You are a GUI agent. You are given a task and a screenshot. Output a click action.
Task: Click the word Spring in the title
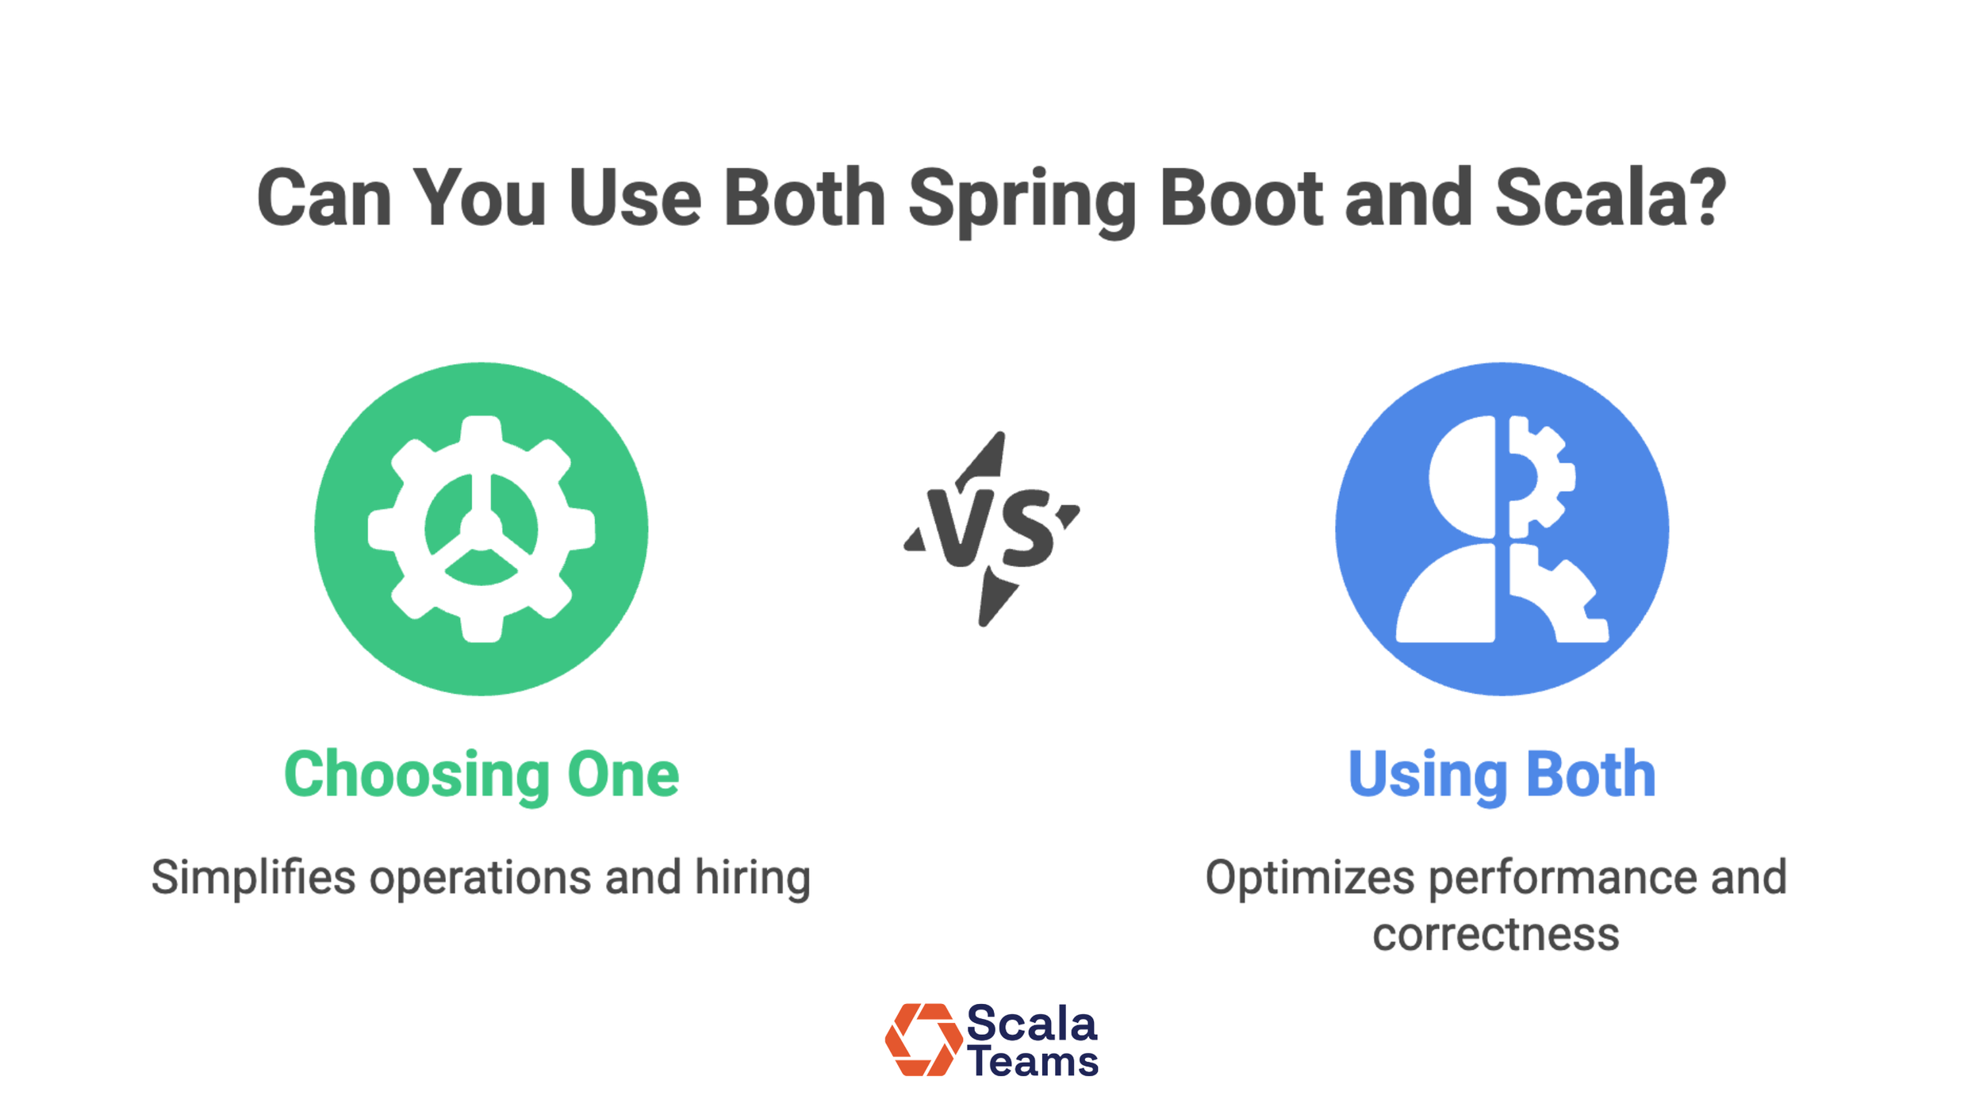click(x=1022, y=200)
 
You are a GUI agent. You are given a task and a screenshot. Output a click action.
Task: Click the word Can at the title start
click(x=324, y=200)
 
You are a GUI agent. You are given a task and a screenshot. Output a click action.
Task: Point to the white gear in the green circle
click(x=481, y=529)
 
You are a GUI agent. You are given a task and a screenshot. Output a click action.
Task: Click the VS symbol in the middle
click(x=991, y=529)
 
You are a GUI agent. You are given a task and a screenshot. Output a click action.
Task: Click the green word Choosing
click(x=416, y=776)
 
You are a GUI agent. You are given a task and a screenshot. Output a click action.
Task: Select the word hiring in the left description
click(x=752, y=879)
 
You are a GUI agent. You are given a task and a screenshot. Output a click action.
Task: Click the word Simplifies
click(x=253, y=879)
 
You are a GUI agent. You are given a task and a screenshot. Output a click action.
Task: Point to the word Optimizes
click(x=1310, y=879)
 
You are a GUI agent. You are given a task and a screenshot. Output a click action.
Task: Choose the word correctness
click(x=1495, y=935)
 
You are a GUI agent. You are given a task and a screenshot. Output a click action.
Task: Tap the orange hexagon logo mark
click(x=922, y=1040)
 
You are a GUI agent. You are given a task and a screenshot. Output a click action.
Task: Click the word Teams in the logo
click(x=1033, y=1062)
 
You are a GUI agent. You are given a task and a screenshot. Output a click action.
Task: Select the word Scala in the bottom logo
click(x=1031, y=1024)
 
